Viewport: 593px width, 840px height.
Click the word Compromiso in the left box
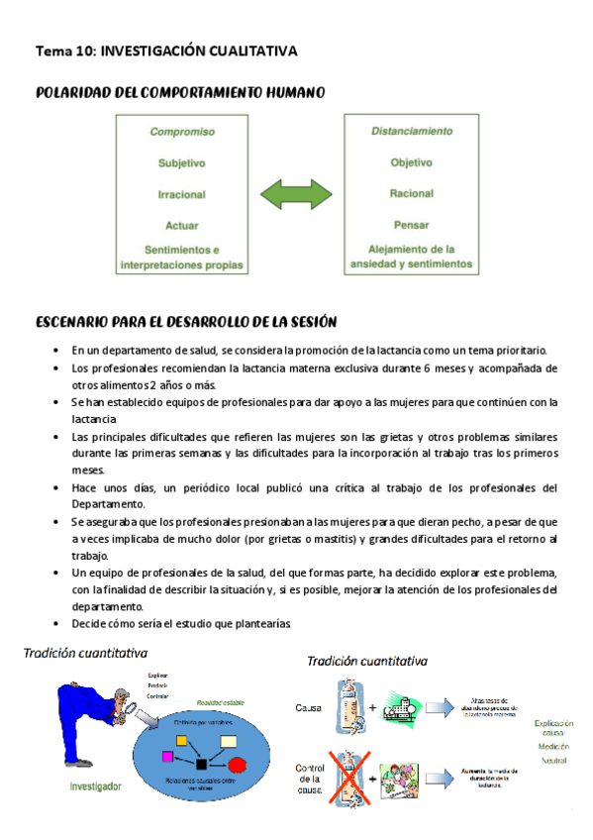[x=182, y=131]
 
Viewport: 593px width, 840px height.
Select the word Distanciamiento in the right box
[x=412, y=131]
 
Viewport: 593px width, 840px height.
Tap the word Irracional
[x=182, y=195]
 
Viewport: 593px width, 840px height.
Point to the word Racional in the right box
[x=412, y=195]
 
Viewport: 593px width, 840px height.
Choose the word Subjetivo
[x=182, y=162]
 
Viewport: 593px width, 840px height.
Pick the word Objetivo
[x=412, y=162]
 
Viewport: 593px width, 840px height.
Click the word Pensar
[x=412, y=225]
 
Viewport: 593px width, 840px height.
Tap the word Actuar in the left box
[x=182, y=225]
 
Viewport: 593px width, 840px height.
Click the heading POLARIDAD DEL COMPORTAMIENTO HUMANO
[x=180, y=92]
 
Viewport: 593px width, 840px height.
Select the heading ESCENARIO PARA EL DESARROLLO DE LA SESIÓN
[x=186, y=322]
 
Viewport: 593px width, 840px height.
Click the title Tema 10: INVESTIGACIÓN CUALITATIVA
[x=166, y=50]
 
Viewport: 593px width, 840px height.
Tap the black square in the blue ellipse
[x=202, y=764]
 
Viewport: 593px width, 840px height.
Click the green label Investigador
[x=96, y=787]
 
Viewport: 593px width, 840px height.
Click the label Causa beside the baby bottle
[x=310, y=708]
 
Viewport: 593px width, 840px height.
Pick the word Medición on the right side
[x=552, y=745]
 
